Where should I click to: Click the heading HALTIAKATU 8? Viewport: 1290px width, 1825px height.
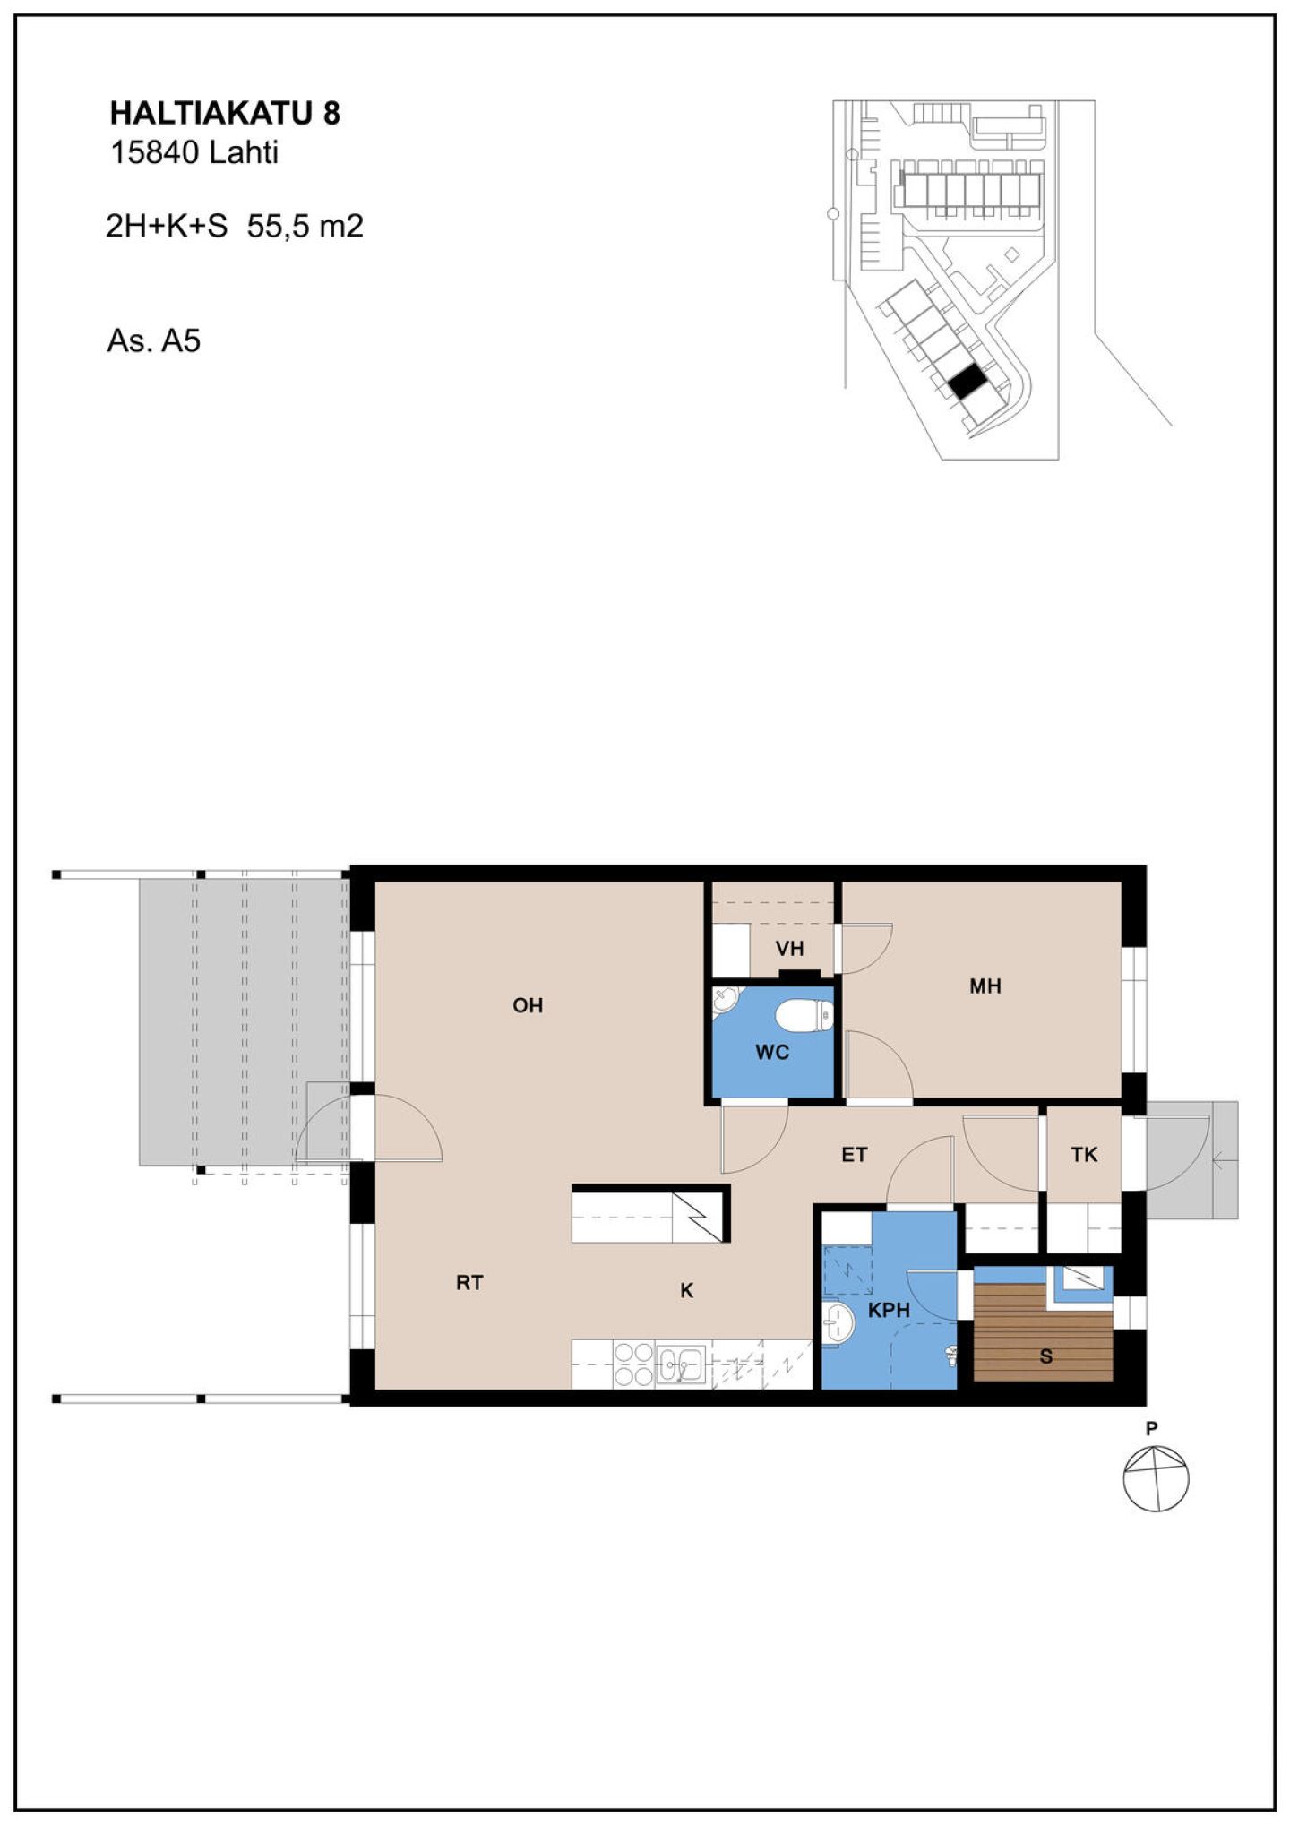(225, 114)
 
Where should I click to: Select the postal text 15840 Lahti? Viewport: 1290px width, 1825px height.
(193, 153)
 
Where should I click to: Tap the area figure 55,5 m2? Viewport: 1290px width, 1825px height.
(305, 226)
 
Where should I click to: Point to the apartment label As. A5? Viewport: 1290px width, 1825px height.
(153, 341)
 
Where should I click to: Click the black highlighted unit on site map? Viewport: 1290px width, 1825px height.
(967, 383)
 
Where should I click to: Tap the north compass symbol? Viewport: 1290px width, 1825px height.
(1156, 1478)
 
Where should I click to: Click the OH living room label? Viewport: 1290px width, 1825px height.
(528, 1005)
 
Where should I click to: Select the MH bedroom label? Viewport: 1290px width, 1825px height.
(985, 986)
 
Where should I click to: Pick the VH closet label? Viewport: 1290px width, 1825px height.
(789, 948)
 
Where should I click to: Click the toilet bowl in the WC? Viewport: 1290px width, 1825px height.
(804, 1015)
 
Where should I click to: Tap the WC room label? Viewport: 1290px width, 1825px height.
(772, 1052)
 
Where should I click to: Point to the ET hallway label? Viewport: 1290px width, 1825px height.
(854, 1155)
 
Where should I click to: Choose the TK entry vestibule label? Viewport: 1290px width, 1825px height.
(1084, 1155)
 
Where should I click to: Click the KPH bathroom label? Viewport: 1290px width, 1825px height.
(889, 1310)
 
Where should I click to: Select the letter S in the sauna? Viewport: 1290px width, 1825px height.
(1045, 1356)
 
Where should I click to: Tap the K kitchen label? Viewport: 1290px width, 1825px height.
(687, 1290)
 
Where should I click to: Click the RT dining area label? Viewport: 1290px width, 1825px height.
(469, 1283)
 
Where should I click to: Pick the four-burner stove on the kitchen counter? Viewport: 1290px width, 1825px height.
(633, 1364)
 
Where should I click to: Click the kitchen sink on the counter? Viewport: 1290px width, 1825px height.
(681, 1365)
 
